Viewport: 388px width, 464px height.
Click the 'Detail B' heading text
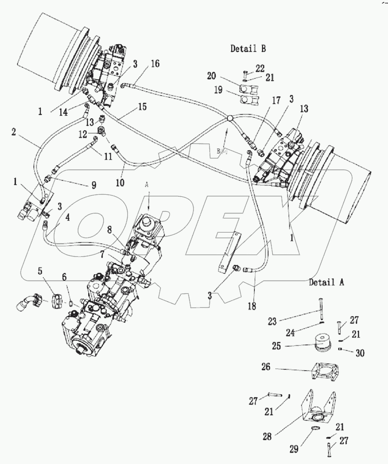(248, 49)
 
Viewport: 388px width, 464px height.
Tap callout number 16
(155, 64)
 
